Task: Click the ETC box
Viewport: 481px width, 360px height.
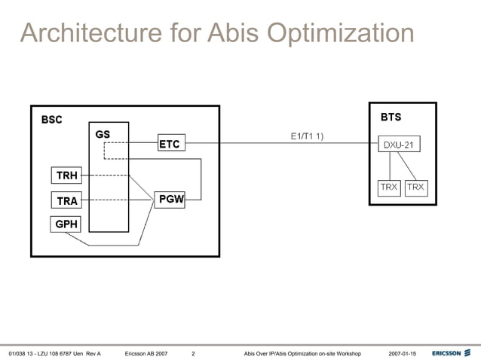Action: point(170,143)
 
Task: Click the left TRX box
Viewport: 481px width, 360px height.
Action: point(388,188)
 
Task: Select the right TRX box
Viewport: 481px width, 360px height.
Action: point(415,188)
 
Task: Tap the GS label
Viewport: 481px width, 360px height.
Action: point(103,134)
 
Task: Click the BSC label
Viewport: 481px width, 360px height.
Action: point(52,119)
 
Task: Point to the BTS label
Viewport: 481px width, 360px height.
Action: point(391,117)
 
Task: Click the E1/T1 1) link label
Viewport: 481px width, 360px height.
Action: point(307,136)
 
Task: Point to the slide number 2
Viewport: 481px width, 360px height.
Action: point(194,353)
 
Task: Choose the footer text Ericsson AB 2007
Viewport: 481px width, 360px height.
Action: point(146,353)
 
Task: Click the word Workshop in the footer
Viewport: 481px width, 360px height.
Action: point(345,353)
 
